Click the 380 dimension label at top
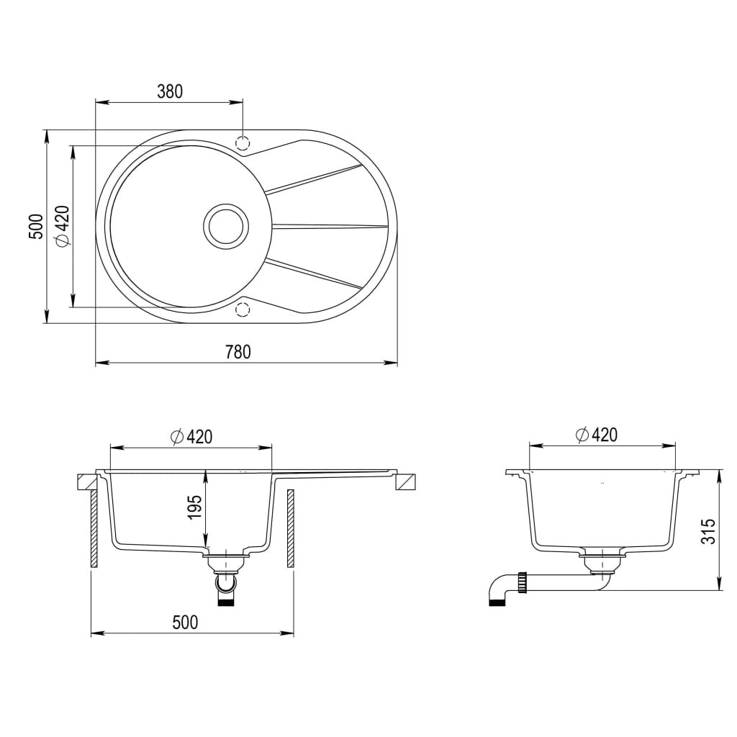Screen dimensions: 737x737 (x=170, y=91)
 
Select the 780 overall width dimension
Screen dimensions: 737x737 (x=238, y=352)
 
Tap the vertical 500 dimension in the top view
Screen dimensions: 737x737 (x=36, y=226)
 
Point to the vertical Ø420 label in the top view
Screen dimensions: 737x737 (x=62, y=226)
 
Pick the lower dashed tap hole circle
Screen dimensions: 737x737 (x=243, y=310)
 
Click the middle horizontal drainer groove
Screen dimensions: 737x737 (x=327, y=226)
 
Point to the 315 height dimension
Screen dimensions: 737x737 (x=709, y=530)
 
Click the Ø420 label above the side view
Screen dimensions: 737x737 (x=597, y=434)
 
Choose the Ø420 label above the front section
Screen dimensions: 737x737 (x=191, y=435)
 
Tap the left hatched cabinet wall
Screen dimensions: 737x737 (x=94, y=529)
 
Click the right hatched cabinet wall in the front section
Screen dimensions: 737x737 (x=290, y=529)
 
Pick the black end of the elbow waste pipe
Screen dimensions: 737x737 (x=496, y=602)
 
